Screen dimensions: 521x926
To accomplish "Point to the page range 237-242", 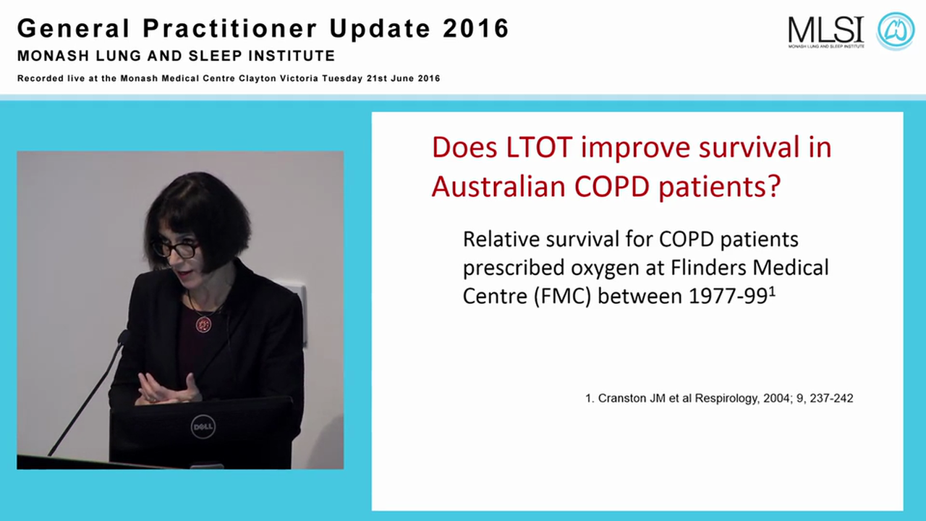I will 828,398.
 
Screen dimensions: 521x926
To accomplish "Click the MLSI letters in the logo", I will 825,29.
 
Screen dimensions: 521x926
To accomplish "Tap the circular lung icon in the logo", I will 896,30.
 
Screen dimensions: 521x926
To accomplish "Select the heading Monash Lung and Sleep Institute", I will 176,56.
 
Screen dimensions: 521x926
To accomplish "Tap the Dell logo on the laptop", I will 203,426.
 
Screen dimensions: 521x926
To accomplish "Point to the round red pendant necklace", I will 203,324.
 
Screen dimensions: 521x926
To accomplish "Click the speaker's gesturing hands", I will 168,391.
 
